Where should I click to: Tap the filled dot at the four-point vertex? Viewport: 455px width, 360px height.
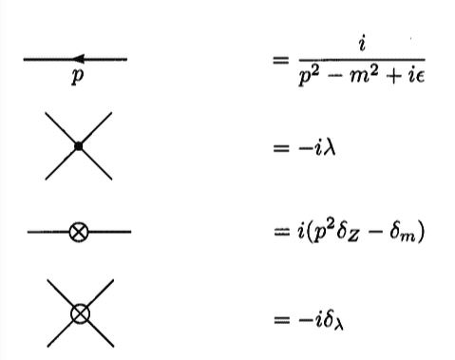(79, 146)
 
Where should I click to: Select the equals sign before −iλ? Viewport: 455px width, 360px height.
(279, 147)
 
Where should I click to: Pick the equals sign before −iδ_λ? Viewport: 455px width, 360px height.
(279, 313)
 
